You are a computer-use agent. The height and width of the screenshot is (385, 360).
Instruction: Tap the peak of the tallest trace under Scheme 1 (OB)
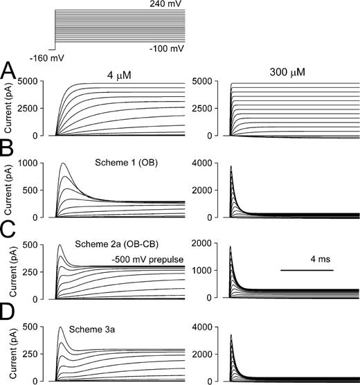point(64,163)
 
